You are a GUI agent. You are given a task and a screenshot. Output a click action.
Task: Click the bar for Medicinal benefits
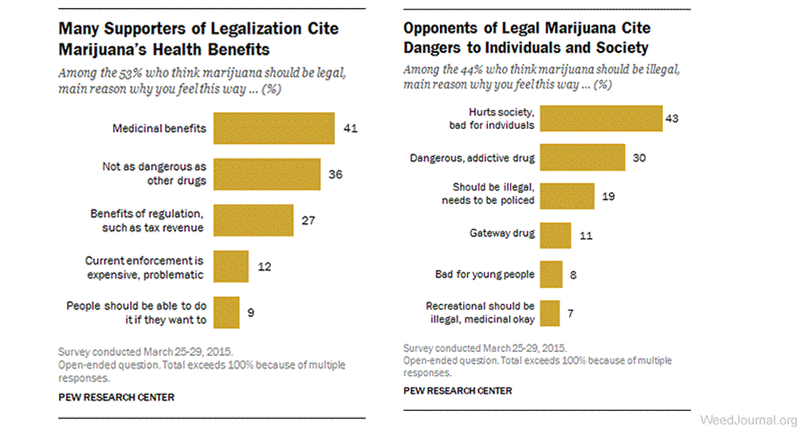tap(273, 128)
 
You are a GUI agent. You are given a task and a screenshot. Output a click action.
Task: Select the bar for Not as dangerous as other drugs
tap(267, 174)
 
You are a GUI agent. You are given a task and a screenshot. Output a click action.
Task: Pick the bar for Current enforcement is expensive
tap(231, 266)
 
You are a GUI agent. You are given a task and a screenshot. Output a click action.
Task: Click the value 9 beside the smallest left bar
tap(251, 312)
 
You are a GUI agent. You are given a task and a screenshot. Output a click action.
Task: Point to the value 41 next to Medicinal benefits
tap(349, 128)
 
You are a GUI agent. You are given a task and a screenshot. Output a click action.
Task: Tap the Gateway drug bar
tap(556, 235)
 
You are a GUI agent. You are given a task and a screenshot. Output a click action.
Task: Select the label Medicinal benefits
tap(159, 128)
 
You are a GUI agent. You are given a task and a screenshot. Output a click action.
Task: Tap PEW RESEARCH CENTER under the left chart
tap(116, 397)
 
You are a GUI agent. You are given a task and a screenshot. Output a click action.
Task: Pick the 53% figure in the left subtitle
tap(130, 73)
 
